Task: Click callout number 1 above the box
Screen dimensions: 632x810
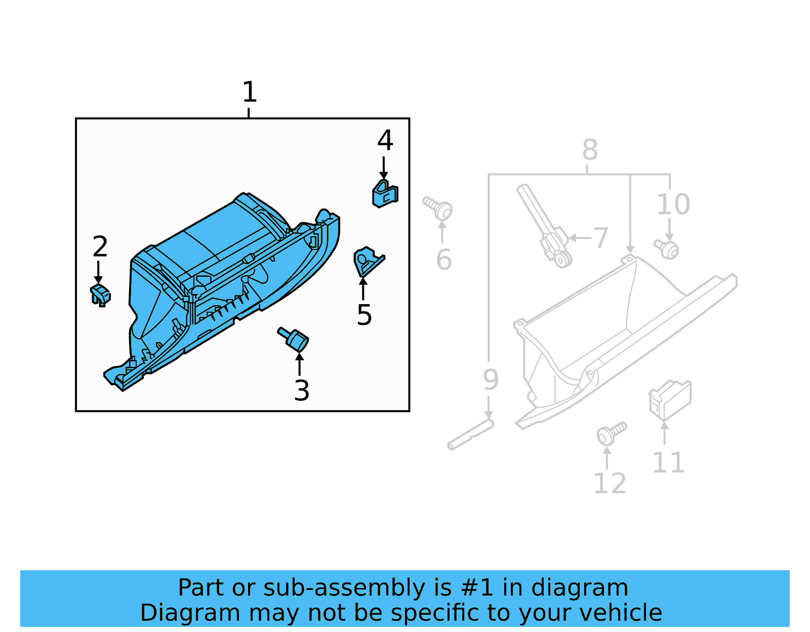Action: (249, 92)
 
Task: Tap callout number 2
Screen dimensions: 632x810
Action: (100, 246)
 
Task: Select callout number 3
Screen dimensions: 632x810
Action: (302, 391)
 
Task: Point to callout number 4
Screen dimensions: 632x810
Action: (385, 140)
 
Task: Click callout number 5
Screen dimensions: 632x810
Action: (364, 315)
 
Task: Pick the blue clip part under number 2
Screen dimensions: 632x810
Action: (100, 295)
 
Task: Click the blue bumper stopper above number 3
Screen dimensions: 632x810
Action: (294, 338)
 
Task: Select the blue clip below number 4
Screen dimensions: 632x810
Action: (385, 194)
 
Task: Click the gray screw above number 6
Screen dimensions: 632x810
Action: (438, 208)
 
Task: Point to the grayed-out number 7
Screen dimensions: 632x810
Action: (600, 238)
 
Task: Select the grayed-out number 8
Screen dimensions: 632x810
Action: (590, 150)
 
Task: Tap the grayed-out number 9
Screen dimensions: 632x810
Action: (490, 380)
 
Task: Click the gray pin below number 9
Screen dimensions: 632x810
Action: (470, 435)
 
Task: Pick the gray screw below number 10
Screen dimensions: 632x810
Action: (667, 249)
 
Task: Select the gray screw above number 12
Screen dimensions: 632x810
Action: (611, 434)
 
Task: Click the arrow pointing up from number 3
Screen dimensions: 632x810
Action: (300, 363)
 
